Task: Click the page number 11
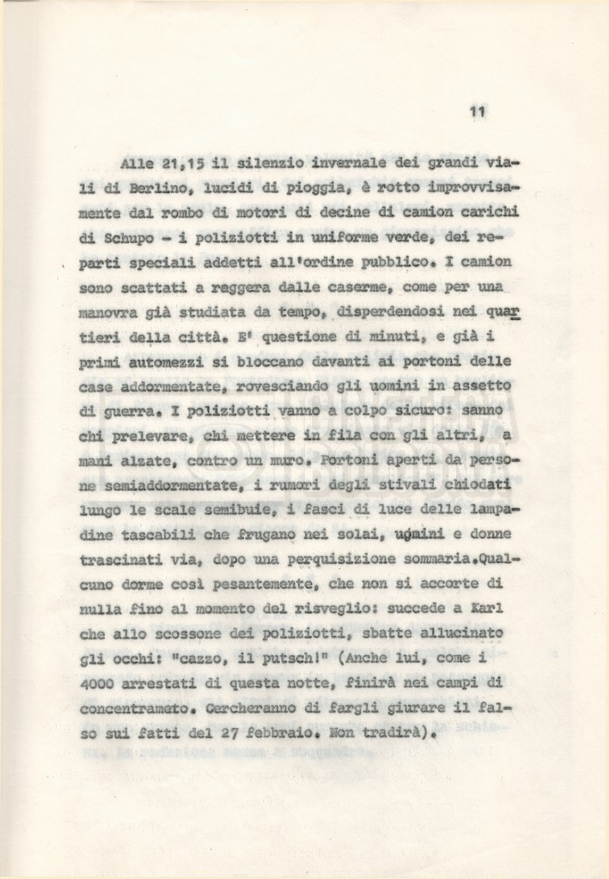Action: [479, 111]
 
